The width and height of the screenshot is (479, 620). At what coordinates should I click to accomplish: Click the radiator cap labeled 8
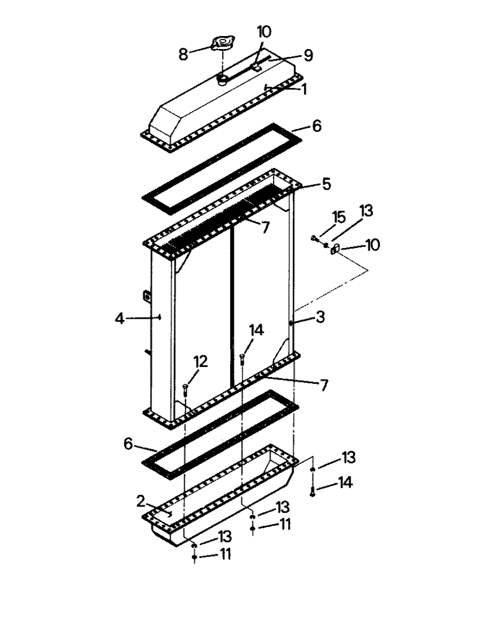(221, 44)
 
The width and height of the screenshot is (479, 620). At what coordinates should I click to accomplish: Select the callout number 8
(184, 54)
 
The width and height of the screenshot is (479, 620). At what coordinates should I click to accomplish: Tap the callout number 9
(308, 56)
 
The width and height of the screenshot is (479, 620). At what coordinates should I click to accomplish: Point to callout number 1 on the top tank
(304, 89)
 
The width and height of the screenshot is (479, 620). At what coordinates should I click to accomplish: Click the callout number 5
(326, 184)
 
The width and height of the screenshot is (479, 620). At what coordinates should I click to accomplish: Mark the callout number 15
(338, 217)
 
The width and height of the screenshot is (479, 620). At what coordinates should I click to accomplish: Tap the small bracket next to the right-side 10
(335, 250)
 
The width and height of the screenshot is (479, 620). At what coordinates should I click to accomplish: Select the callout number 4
(119, 319)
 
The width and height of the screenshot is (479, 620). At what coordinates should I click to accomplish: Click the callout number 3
(320, 317)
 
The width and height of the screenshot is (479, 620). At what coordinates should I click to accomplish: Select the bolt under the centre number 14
(241, 357)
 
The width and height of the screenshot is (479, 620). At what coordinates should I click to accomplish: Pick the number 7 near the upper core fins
(265, 228)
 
